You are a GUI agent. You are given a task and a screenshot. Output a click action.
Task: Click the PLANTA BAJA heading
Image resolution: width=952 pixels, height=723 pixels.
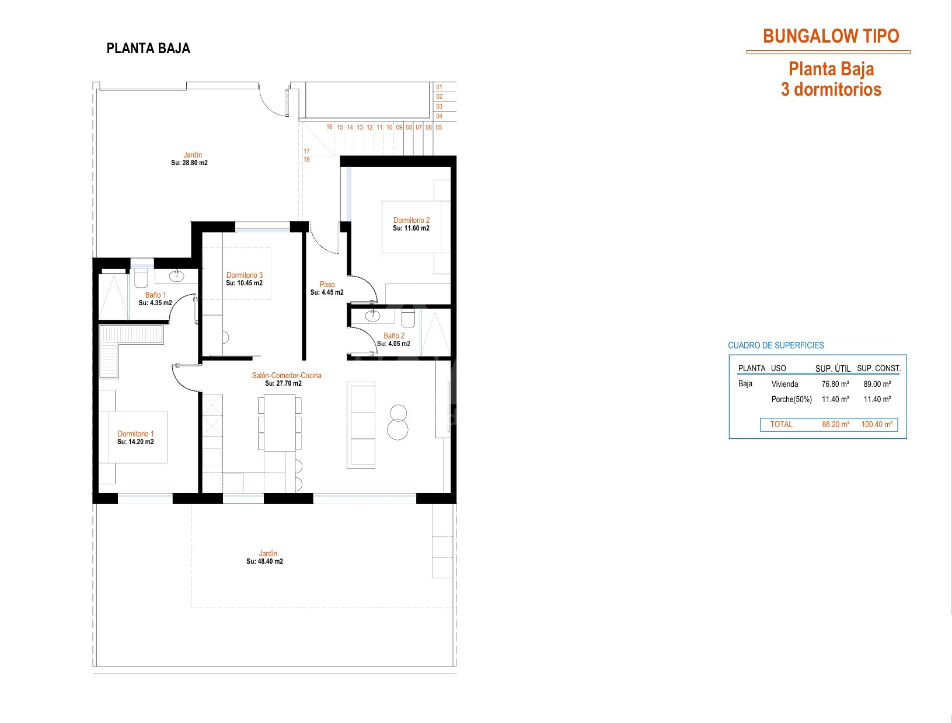click(148, 48)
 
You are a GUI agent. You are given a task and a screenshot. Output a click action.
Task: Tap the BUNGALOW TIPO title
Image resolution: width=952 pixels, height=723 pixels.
click(831, 36)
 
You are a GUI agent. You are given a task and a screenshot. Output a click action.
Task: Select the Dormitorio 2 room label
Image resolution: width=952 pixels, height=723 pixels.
click(411, 220)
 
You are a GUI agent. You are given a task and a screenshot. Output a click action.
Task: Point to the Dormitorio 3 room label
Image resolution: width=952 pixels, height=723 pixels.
click(245, 275)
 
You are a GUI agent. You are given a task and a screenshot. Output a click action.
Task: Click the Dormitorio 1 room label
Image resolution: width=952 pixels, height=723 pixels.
click(136, 434)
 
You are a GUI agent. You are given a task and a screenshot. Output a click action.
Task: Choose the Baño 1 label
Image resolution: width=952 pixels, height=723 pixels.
click(155, 295)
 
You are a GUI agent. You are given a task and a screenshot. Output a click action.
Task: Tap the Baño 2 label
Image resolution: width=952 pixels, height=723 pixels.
click(394, 336)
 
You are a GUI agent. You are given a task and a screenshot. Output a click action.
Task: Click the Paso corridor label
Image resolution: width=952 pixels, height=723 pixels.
click(327, 284)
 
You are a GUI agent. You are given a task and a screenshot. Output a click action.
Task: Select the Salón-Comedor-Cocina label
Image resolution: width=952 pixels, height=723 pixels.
click(287, 375)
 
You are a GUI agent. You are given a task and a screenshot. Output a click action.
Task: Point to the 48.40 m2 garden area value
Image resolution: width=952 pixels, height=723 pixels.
click(271, 561)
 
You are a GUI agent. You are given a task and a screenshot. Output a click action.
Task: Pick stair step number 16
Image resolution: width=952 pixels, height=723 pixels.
click(330, 127)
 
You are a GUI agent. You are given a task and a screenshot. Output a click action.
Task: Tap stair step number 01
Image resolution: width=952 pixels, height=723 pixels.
click(440, 87)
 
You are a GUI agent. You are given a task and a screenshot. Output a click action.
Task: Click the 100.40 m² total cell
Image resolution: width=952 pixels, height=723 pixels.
click(877, 424)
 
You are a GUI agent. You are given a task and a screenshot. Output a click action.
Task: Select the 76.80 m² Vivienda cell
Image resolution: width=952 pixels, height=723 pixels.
click(835, 384)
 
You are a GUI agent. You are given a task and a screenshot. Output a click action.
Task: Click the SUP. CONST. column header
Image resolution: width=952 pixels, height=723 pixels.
click(878, 368)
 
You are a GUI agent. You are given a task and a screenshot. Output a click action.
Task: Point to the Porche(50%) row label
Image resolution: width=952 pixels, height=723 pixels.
click(791, 399)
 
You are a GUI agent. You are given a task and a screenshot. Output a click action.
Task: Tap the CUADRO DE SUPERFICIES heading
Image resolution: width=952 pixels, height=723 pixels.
click(776, 345)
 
